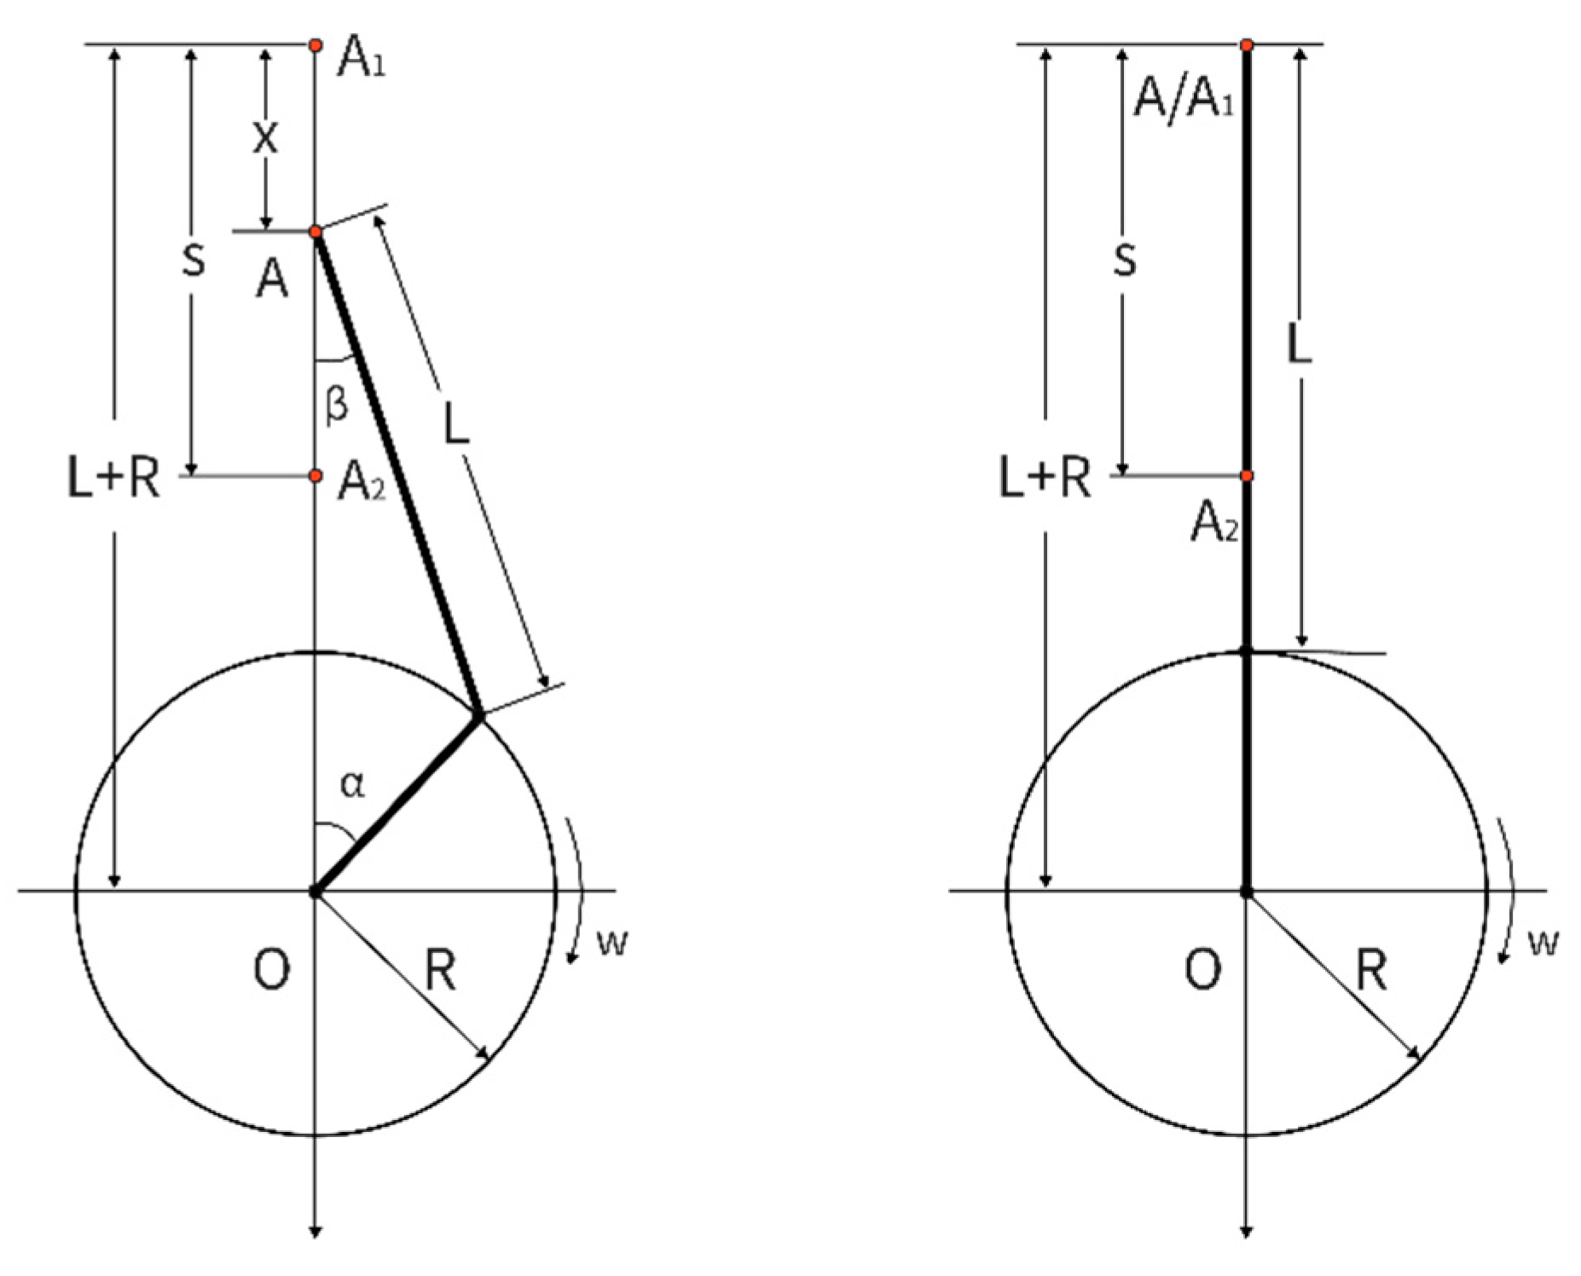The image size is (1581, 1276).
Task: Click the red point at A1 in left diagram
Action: (x=316, y=44)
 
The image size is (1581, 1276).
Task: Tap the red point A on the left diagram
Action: (x=316, y=232)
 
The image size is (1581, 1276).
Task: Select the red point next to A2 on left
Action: (x=316, y=475)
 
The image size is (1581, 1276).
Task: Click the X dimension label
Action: (x=265, y=137)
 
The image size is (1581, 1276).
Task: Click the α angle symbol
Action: (x=352, y=784)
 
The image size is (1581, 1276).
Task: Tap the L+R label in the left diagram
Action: (x=113, y=477)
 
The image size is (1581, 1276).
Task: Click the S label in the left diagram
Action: (x=194, y=260)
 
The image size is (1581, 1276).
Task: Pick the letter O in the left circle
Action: (x=272, y=969)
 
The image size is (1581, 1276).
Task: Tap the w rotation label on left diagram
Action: (x=612, y=942)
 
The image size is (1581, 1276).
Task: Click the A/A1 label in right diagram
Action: (x=1182, y=100)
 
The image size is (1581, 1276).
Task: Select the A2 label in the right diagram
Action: (x=1213, y=522)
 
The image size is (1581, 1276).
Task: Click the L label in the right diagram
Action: (x=1298, y=345)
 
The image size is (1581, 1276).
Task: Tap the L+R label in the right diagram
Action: (x=1045, y=477)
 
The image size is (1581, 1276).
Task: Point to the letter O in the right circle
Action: (x=1203, y=969)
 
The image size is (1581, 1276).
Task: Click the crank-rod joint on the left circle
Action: (x=479, y=716)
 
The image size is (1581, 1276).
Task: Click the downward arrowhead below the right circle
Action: (x=1246, y=1230)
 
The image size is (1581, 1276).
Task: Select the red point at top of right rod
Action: (x=1246, y=44)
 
